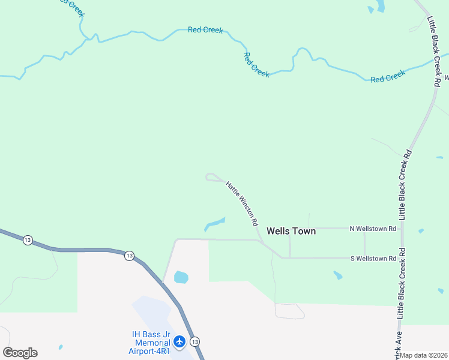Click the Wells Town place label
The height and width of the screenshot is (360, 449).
point(291,231)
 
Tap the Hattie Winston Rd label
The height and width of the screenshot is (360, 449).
point(242,203)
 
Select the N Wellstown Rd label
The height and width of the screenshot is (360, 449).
point(373,229)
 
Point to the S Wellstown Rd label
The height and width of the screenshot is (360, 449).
point(373,259)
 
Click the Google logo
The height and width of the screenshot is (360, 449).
point(20,353)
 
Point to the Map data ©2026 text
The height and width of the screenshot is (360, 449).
point(424,355)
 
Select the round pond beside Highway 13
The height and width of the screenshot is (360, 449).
point(181,277)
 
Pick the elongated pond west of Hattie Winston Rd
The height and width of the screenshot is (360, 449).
point(214,224)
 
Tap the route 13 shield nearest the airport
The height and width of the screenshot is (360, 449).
point(194,341)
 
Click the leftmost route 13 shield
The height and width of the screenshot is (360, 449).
point(28,240)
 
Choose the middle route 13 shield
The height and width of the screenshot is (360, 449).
point(129,256)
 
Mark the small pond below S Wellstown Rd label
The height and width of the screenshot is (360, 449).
point(338,275)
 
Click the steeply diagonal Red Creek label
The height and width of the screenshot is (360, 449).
point(256,64)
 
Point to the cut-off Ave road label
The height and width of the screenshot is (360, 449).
point(397,345)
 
